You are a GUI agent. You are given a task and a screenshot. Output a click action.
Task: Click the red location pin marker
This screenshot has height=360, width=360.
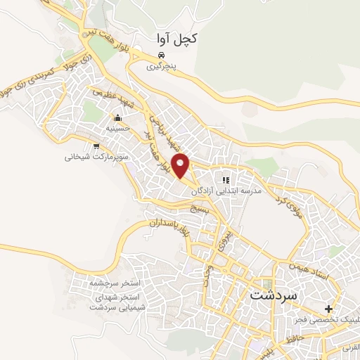pyautogui.click(x=182, y=165)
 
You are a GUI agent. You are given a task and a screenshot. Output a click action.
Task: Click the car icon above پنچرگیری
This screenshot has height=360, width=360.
pyautogui.click(x=162, y=56)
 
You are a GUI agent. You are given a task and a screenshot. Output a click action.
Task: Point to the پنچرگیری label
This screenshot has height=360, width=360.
pyautogui.click(x=161, y=68)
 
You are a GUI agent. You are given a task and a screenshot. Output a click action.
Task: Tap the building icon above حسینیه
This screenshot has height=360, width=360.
pyautogui.click(x=118, y=117)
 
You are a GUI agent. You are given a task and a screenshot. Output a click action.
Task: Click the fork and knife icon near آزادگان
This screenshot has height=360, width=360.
pyautogui.click(x=226, y=179)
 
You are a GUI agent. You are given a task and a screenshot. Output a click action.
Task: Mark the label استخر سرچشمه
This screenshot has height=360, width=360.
pyautogui.click(x=117, y=282)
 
